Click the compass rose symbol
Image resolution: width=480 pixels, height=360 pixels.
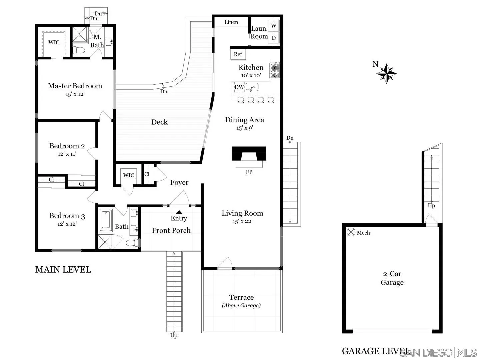(386, 73)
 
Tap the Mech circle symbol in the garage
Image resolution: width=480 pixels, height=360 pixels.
(351, 232)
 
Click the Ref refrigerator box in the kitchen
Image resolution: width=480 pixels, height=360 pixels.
(238, 54)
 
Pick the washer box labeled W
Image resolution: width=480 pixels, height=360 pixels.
(274, 26)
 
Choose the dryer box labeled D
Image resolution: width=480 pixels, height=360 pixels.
(274, 38)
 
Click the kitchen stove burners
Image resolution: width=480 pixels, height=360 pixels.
(275, 70)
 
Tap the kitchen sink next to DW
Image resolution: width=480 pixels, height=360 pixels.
(252, 88)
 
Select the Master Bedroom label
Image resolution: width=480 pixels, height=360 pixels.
(75, 86)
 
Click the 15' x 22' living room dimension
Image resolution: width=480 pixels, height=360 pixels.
(243, 221)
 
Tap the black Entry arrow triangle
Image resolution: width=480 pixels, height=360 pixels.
(179, 212)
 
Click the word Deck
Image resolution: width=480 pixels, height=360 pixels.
(159, 122)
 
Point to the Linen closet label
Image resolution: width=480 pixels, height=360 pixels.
(231, 22)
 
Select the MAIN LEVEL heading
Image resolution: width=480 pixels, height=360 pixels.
(63, 270)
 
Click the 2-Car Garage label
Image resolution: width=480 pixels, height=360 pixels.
(392, 278)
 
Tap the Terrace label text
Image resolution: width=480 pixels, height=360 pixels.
(241, 297)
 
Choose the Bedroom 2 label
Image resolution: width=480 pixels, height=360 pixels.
(67, 146)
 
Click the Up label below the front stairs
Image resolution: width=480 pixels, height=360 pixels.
(174, 335)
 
